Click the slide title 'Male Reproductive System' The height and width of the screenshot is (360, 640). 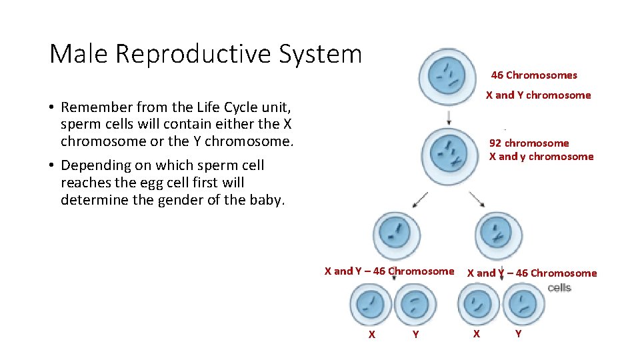[x=205, y=54]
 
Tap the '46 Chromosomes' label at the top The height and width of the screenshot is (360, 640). [x=534, y=75]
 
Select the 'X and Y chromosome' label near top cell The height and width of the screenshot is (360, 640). [x=538, y=95]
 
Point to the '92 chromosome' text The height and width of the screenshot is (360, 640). [x=529, y=143]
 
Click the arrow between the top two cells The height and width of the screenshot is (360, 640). [x=449, y=117]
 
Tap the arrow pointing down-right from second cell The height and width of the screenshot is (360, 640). [x=477, y=199]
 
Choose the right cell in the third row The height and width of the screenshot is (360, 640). [x=499, y=234]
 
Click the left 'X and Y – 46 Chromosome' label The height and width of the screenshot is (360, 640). [x=389, y=271]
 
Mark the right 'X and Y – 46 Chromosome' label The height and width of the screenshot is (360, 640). [x=532, y=273]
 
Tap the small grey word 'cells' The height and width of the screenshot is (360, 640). [x=559, y=287]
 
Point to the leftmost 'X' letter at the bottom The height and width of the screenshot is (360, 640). [x=372, y=335]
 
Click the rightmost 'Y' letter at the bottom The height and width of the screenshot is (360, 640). [x=518, y=333]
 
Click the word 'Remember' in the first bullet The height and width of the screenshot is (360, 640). [x=91, y=107]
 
